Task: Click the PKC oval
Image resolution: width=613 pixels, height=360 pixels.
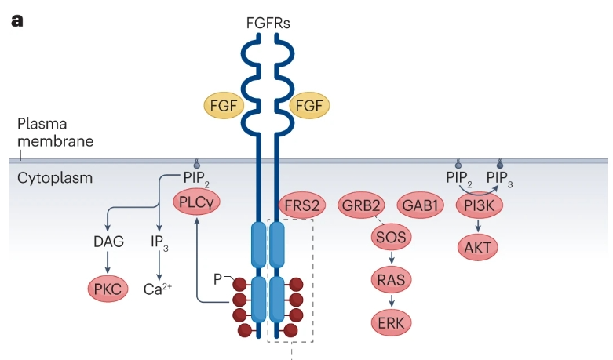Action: coord(108,289)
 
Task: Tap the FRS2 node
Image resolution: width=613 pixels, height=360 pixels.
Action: coord(302,205)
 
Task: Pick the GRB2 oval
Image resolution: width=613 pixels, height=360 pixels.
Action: coord(363,205)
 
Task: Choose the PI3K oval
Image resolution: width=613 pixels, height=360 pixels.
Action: coord(478,205)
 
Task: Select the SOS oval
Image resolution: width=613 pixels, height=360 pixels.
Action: coord(392,235)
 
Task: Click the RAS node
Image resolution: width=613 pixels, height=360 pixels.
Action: coord(392,278)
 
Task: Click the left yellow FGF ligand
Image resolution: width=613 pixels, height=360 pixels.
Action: coord(224,105)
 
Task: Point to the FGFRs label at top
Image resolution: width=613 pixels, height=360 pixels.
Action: coord(267,22)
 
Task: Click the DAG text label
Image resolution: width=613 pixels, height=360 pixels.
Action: coord(108,242)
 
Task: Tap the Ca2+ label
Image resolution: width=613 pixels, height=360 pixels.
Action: coord(158,288)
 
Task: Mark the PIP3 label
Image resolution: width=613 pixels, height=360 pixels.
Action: coord(501,178)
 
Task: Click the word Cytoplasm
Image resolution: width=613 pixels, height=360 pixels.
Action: coord(54,178)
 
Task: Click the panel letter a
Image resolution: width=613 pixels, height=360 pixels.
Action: coord(16,19)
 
